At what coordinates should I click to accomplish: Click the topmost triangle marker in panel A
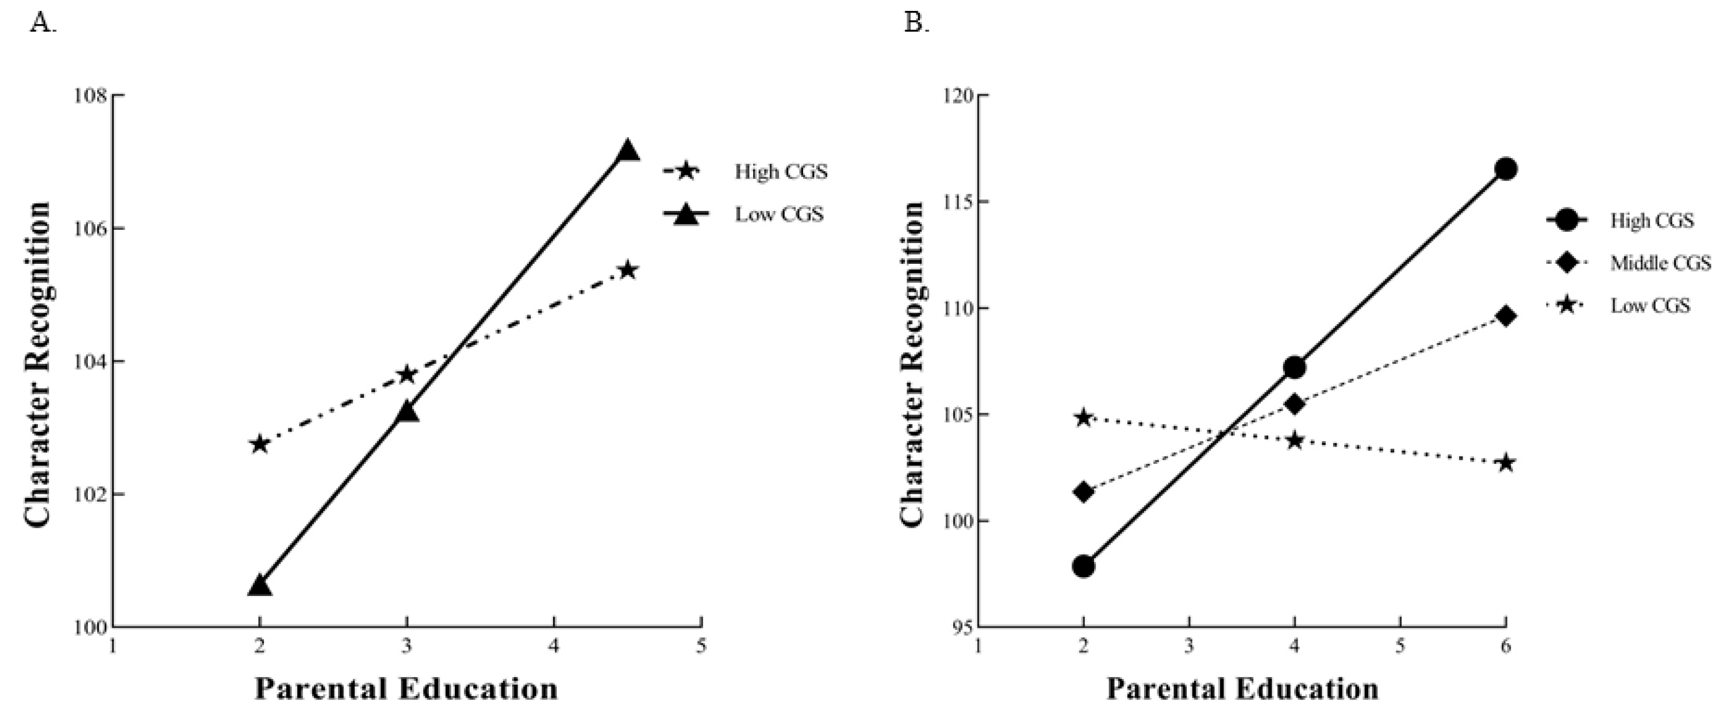tap(627, 151)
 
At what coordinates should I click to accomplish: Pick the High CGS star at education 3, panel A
tap(406, 375)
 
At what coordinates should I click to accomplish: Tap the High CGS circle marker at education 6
tap(1506, 169)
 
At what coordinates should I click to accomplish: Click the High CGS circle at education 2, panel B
tap(1084, 567)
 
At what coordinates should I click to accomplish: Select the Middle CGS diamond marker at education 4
tap(1294, 404)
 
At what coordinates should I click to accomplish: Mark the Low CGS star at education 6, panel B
tap(1506, 463)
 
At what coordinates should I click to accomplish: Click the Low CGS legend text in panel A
tap(779, 215)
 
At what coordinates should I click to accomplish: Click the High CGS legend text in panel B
tap(1652, 221)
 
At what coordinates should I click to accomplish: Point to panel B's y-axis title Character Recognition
tap(912, 363)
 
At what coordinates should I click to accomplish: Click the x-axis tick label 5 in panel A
tap(701, 647)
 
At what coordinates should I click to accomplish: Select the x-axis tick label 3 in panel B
tap(1188, 647)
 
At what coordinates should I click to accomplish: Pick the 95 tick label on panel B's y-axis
tap(960, 628)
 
